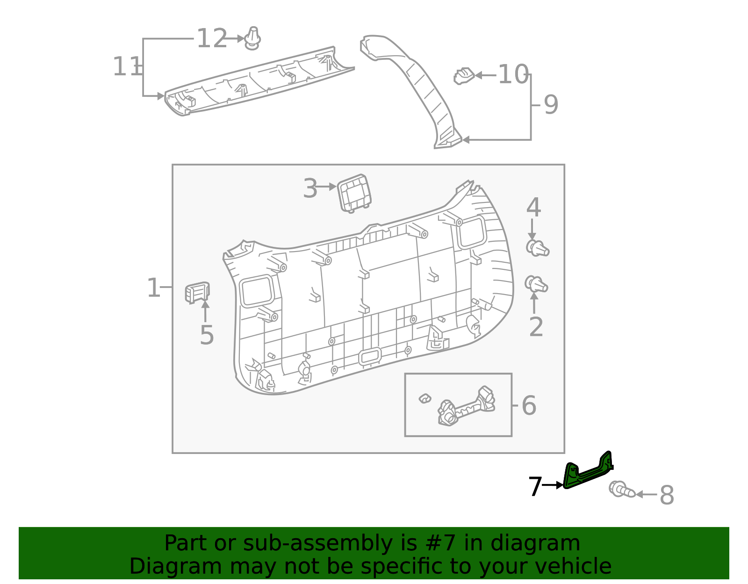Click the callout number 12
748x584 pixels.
(x=212, y=39)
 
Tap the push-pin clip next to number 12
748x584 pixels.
(x=252, y=39)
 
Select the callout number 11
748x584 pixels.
(x=127, y=67)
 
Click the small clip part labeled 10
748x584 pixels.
(x=464, y=76)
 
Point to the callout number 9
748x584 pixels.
(x=551, y=105)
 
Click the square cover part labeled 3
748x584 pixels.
(x=354, y=193)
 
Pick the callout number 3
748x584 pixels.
(x=310, y=189)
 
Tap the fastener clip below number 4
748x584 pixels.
(x=537, y=248)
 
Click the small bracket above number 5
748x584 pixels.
(x=197, y=292)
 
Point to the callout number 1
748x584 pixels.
(x=154, y=288)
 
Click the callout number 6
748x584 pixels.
(x=529, y=406)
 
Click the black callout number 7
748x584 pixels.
(x=535, y=487)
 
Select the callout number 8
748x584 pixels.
(x=667, y=496)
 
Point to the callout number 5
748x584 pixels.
(x=207, y=335)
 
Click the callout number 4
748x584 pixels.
(x=533, y=208)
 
